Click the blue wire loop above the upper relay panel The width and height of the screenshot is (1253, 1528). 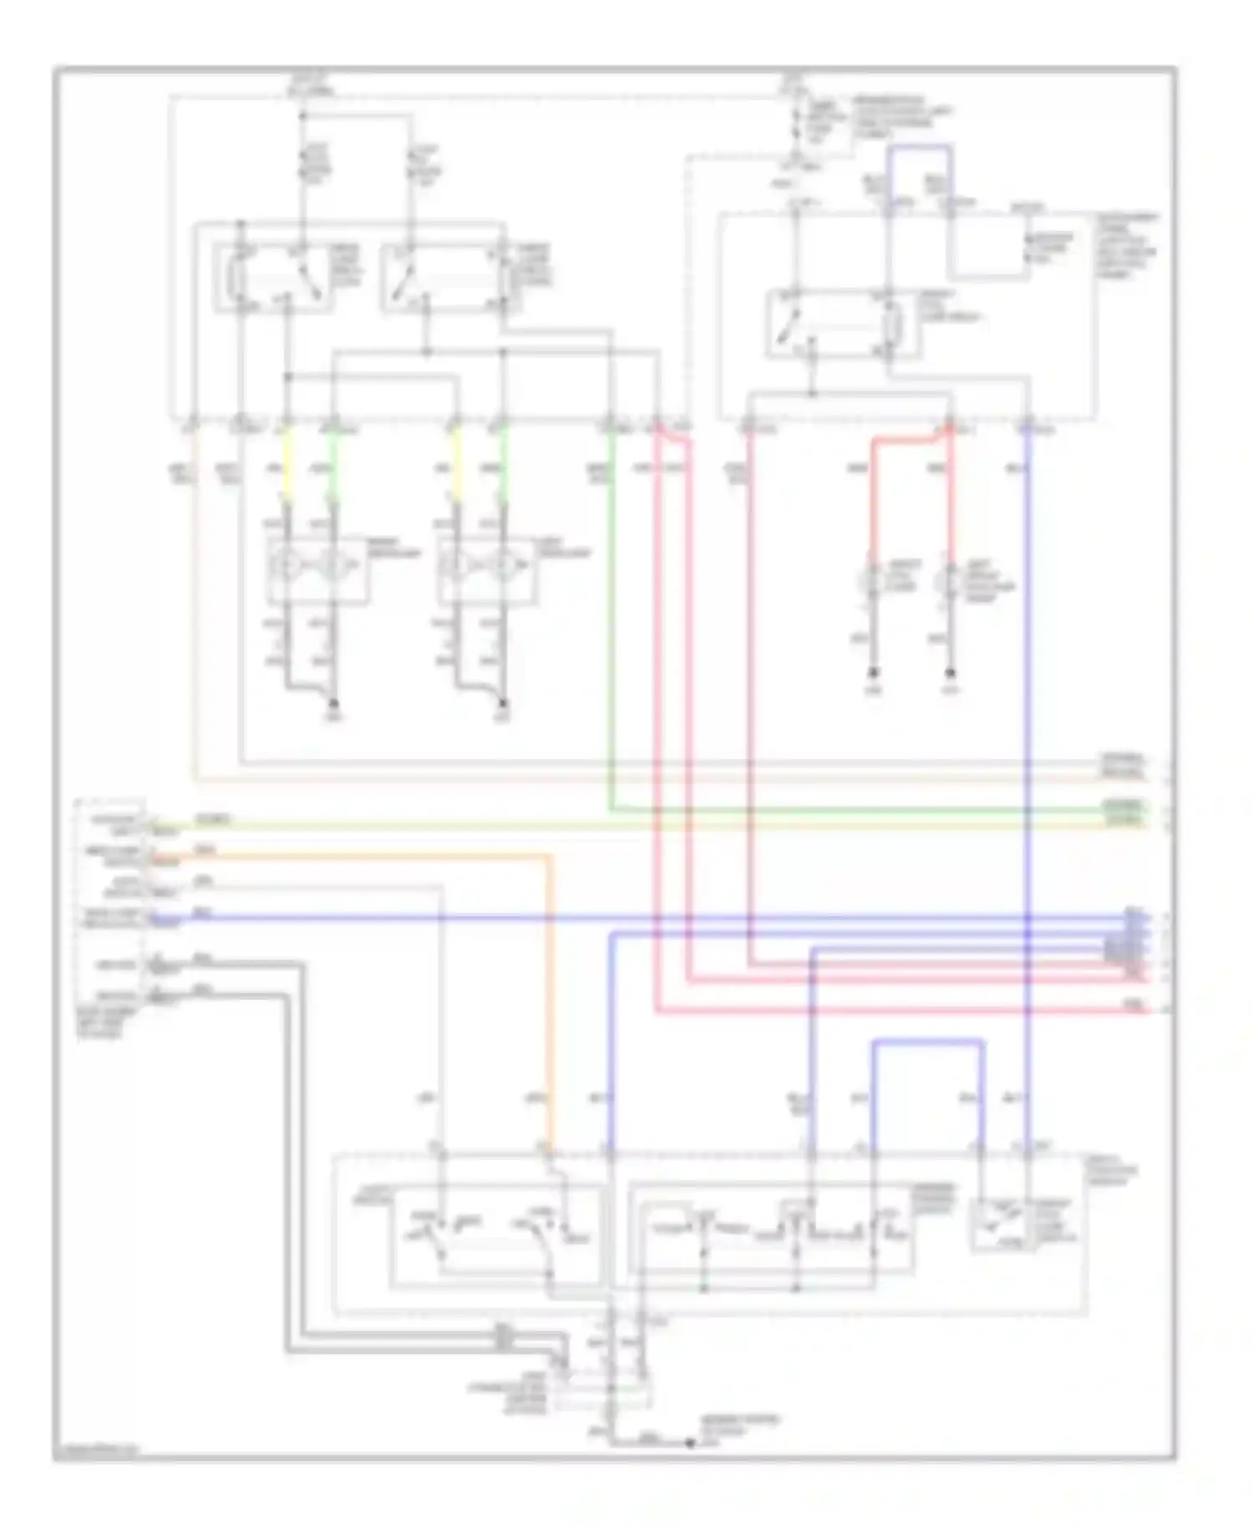pos(919,147)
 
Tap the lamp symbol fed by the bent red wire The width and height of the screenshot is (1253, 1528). pos(872,579)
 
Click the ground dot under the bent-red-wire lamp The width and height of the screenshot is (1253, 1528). pos(872,672)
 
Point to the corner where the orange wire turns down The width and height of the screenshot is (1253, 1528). pos(550,857)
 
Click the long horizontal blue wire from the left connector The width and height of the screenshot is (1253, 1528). pos(585,918)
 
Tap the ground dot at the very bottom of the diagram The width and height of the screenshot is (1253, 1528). pos(690,1443)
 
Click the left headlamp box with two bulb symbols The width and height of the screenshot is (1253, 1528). pos(317,571)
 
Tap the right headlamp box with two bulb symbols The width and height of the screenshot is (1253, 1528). pos(487,571)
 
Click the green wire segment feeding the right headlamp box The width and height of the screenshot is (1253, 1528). pos(504,464)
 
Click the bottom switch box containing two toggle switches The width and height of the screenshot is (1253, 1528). pos(495,1235)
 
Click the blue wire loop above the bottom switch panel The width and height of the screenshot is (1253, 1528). pos(927,1043)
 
